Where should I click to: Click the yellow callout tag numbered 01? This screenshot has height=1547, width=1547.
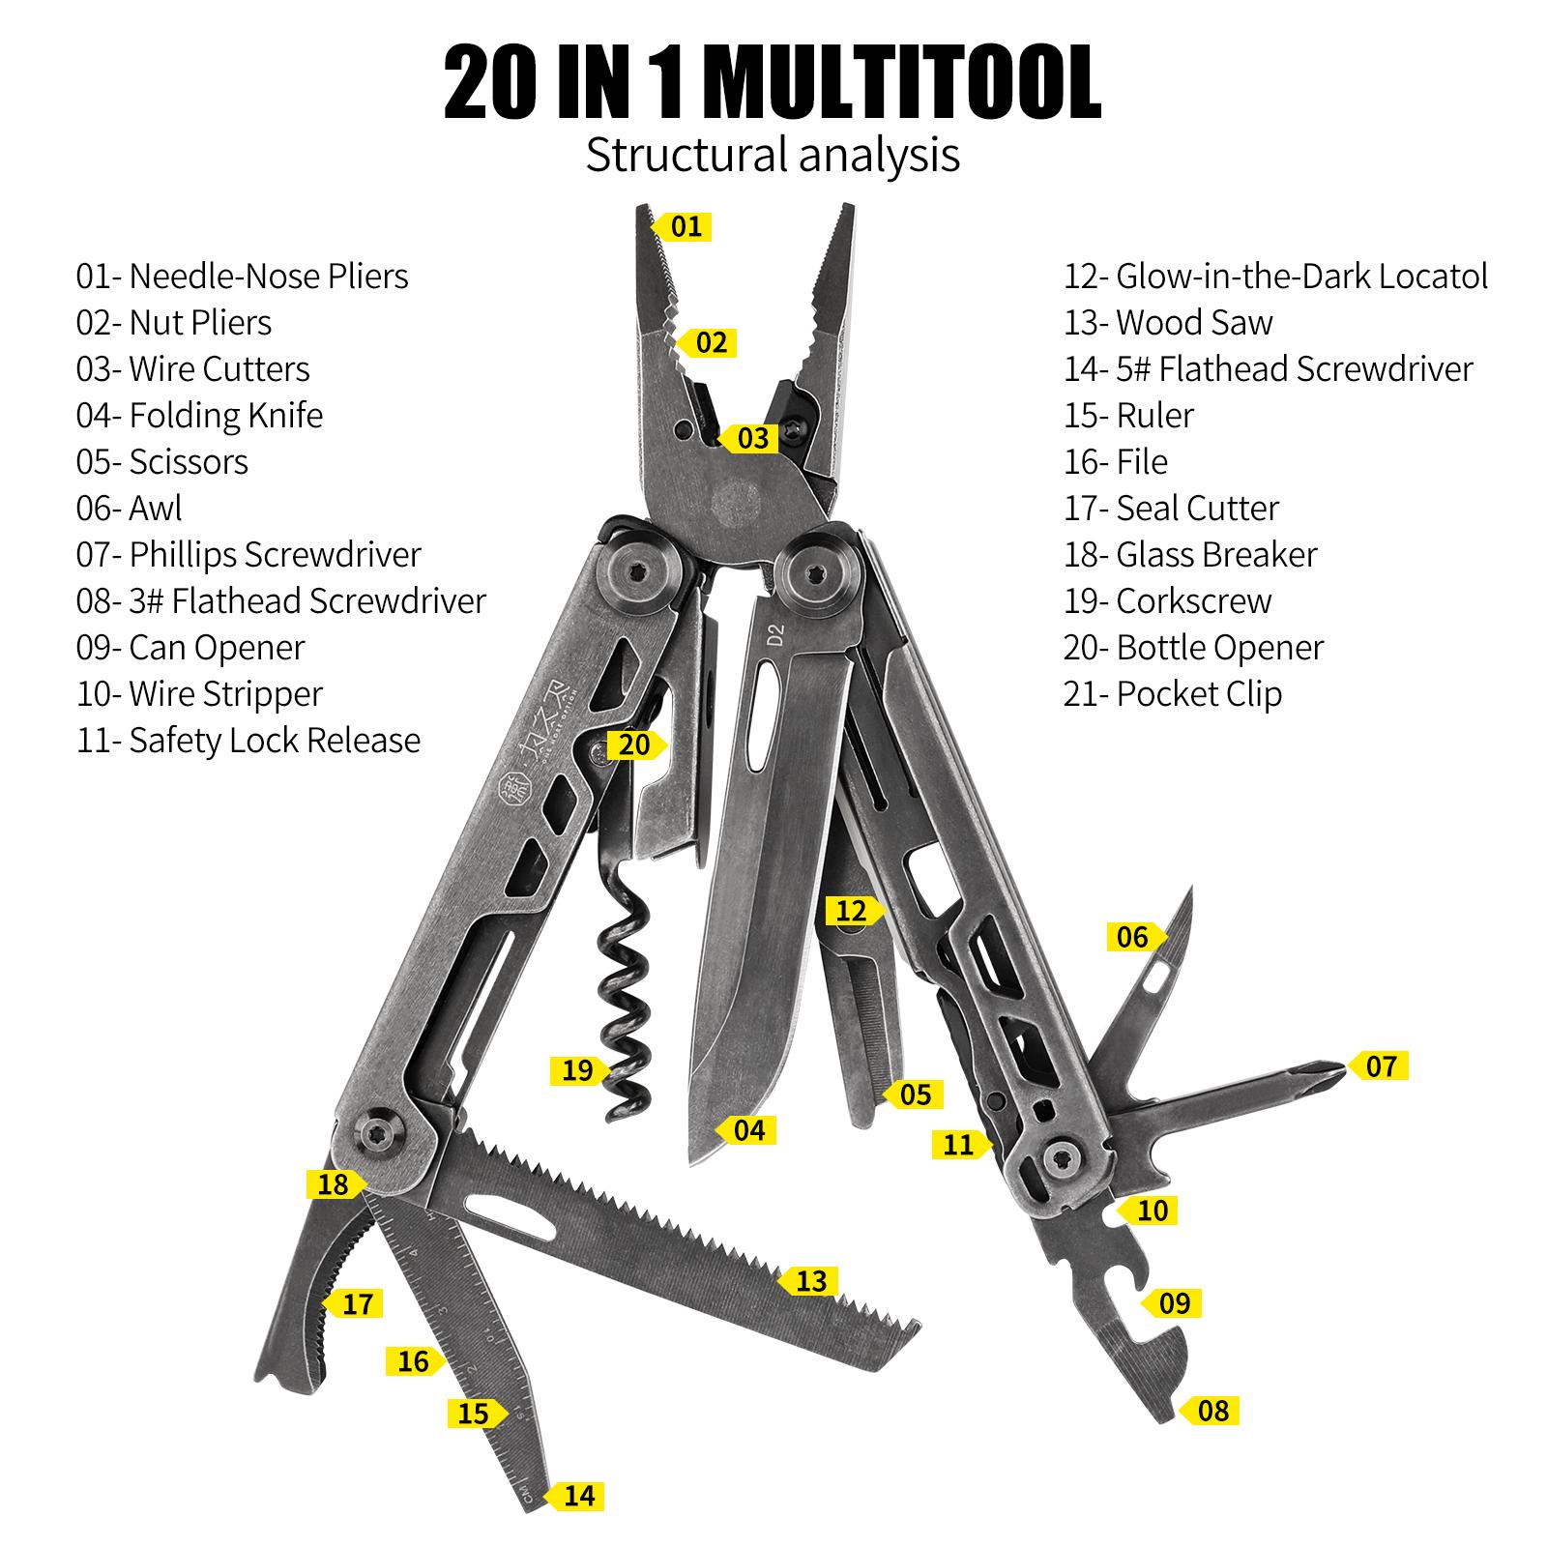tap(685, 227)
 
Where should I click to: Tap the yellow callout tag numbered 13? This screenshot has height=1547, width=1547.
tap(810, 1281)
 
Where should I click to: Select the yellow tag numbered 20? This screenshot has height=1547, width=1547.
tap(634, 744)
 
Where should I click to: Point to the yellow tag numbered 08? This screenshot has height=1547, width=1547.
tap(1211, 1411)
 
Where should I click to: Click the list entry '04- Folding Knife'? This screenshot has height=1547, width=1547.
tap(199, 416)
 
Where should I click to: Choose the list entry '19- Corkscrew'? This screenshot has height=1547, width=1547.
tap(1167, 601)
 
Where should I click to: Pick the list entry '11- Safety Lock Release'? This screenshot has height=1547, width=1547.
tap(248, 741)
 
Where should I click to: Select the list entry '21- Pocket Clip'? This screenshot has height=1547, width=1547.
tap(1173, 694)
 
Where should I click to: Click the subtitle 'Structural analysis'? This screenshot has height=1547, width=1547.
tap(773, 155)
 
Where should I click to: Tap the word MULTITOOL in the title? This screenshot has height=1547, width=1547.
tap(903, 85)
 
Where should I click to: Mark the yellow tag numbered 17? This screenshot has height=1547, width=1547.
tap(356, 1304)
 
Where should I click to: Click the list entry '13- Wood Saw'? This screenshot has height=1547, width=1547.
tap(1168, 323)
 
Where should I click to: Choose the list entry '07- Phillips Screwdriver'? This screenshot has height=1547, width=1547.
tap(248, 555)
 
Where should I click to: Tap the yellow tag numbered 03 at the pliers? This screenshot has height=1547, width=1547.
tap(752, 438)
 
